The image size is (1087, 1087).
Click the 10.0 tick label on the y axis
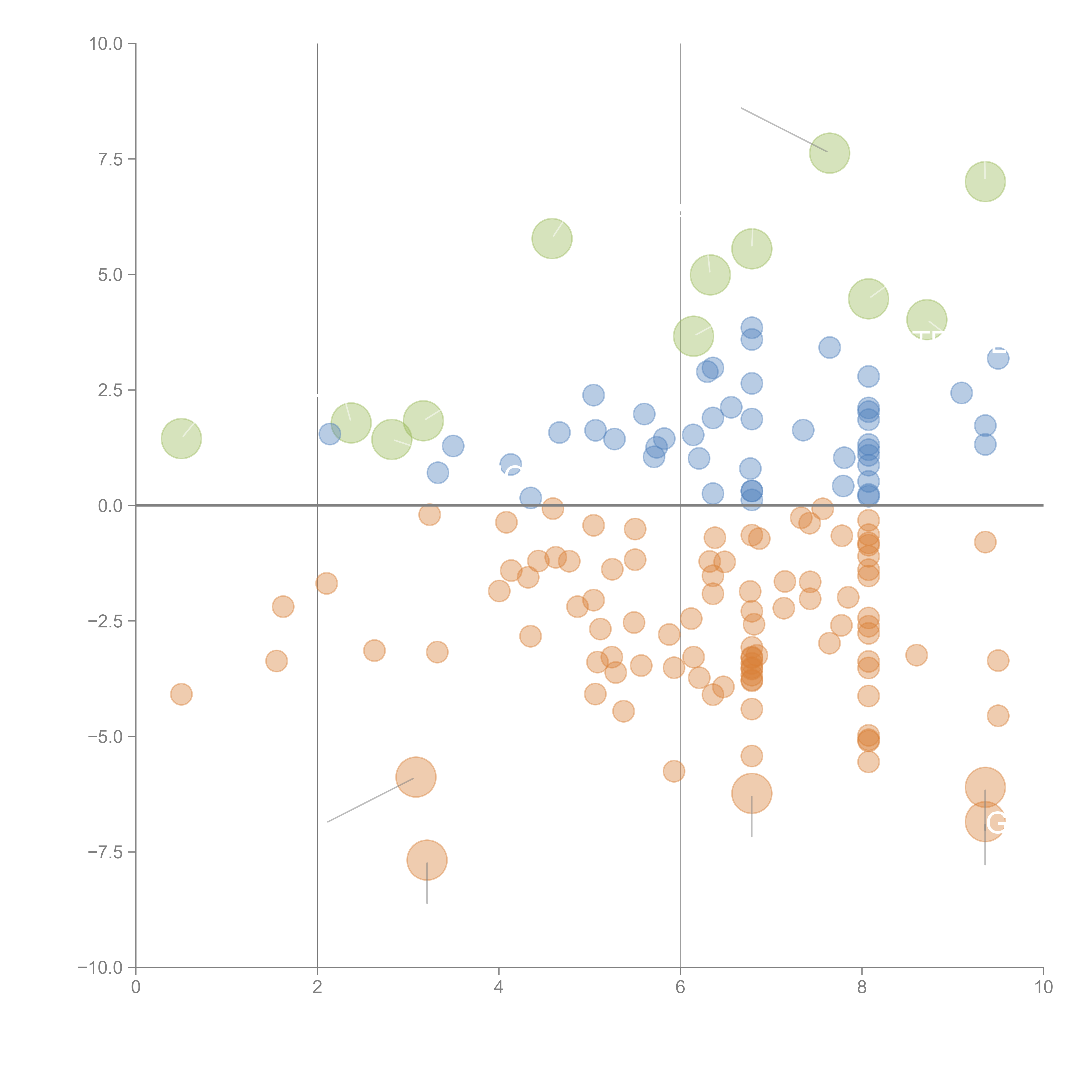pyautogui.click(x=105, y=44)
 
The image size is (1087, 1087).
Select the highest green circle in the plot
pyautogui.click(x=829, y=153)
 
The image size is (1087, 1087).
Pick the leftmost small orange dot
pyautogui.click(x=181, y=694)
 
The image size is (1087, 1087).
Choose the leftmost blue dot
pyautogui.click(x=330, y=434)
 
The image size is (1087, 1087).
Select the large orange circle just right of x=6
pyautogui.click(x=752, y=793)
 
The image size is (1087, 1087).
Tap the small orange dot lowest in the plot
pyautogui.click(x=674, y=771)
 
